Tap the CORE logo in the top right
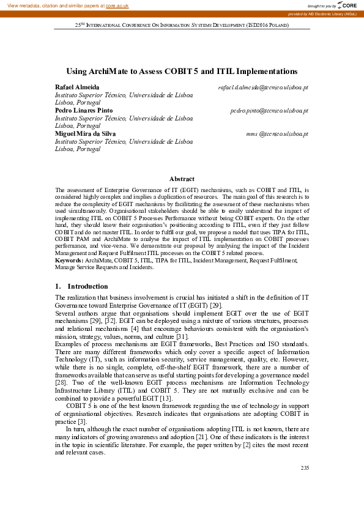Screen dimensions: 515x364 pyautogui.click(x=348, y=5)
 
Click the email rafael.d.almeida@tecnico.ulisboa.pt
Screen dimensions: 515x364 pyautogui.click(x=263, y=87)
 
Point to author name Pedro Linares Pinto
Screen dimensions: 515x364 pyautogui.click(x=83, y=110)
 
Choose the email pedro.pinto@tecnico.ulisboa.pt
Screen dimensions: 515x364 pyautogui.click(x=269, y=111)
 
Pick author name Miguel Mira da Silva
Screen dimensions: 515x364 pyautogui.click(x=85, y=133)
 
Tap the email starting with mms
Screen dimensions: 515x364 pyautogui.click(x=277, y=133)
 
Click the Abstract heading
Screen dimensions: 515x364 pyautogui.click(x=182, y=179)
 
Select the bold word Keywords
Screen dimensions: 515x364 pyautogui.click(x=69, y=261)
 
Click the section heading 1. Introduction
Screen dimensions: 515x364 pyautogui.click(x=81, y=286)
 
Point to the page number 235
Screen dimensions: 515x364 pyautogui.click(x=305, y=468)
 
